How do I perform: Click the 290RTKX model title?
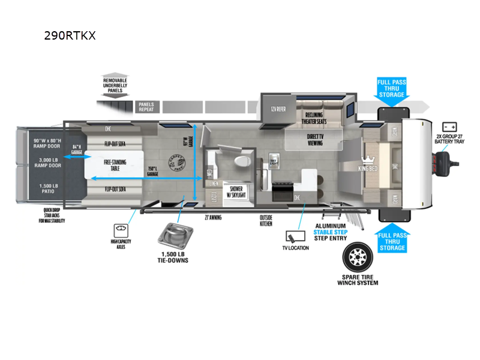[x=70, y=35]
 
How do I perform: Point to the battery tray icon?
[x=449, y=127]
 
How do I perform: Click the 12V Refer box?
[x=276, y=109]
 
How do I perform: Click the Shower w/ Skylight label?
[x=235, y=191]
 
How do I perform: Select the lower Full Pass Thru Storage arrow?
[x=391, y=241]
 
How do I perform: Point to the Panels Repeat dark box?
[x=146, y=107]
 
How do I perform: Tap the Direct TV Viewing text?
[x=314, y=139]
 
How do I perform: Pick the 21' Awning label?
[x=213, y=217]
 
